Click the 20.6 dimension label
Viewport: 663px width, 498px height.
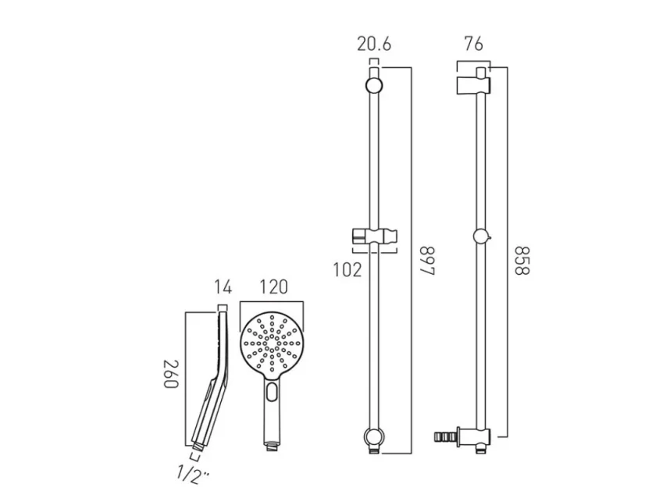374,44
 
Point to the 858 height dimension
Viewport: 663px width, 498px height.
521,260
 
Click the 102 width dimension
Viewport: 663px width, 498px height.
348,270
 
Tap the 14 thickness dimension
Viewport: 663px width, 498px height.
223,287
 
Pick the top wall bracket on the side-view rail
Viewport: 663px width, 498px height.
471,83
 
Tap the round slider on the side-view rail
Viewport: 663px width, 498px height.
481,235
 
